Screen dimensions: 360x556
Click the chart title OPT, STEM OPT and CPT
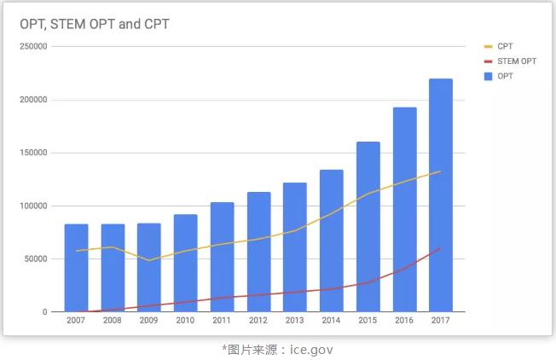coord(95,24)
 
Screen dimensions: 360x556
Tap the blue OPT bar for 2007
coord(76,268)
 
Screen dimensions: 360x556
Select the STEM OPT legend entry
coord(515,61)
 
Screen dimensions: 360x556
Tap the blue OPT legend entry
coord(504,77)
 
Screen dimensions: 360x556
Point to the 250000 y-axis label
coord(32,47)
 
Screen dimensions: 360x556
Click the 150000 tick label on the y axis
coord(32,153)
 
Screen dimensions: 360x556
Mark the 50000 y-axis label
coord(35,259)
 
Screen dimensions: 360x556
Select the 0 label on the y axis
coord(44,312)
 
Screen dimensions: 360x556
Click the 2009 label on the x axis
coord(148,321)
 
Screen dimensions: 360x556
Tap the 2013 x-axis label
coord(295,321)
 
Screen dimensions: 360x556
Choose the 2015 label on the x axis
coord(368,321)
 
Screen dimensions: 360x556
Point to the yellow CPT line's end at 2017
coord(441,171)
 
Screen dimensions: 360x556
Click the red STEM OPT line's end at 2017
coord(441,248)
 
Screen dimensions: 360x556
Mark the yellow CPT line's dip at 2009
coord(148,260)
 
